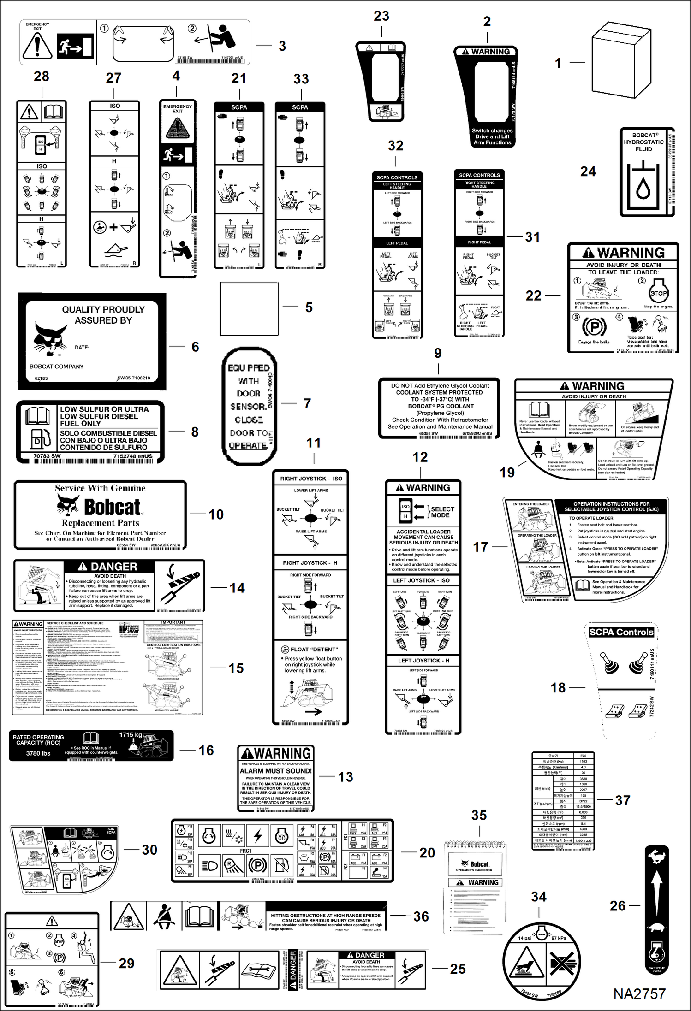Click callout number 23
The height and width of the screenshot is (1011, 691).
(x=381, y=16)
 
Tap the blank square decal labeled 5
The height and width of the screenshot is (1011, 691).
(x=249, y=309)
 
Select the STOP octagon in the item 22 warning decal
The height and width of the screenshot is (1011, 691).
(x=658, y=293)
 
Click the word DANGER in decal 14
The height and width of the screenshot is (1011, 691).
(x=113, y=567)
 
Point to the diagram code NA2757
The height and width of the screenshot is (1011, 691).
(x=639, y=994)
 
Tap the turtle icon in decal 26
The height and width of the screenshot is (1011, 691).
(x=656, y=926)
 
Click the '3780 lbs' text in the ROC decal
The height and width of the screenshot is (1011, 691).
(x=38, y=753)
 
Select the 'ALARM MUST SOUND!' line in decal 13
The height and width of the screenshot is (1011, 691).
(x=276, y=771)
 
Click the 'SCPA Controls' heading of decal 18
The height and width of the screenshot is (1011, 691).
(x=621, y=632)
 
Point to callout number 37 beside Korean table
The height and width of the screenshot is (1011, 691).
(x=622, y=800)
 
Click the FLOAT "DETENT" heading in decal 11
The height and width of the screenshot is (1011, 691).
(x=314, y=649)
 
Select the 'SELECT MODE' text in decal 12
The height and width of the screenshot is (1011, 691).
(x=442, y=512)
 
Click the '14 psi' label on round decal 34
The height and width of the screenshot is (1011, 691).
(x=524, y=938)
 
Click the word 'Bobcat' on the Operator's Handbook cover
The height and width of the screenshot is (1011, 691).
(x=479, y=864)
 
